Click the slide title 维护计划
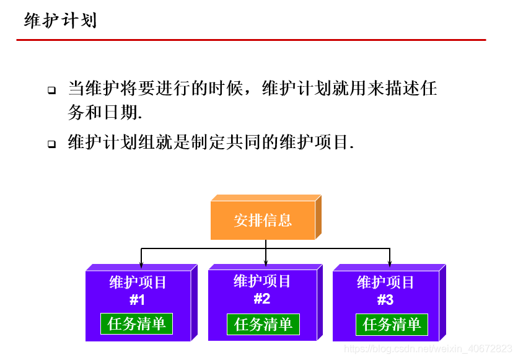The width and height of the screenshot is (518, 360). (60, 21)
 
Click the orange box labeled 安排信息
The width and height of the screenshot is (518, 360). (263, 220)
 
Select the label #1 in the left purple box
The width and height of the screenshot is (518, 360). (137, 301)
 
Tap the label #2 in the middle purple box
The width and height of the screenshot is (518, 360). (262, 299)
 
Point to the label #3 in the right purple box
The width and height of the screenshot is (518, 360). (385, 301)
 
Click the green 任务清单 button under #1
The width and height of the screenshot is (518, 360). (137, 323)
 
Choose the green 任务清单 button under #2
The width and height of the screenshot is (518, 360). (263, 324)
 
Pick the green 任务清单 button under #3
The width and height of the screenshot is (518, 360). (392, 324)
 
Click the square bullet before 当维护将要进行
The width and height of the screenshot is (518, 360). (52, 90)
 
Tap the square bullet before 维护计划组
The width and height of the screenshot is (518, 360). (52, 144)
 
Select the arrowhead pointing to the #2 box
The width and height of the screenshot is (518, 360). (266, 263)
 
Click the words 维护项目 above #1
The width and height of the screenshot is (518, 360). (138, 283)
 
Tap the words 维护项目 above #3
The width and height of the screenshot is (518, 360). (385, 283)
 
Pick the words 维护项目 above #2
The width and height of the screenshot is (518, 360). (262, 281)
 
